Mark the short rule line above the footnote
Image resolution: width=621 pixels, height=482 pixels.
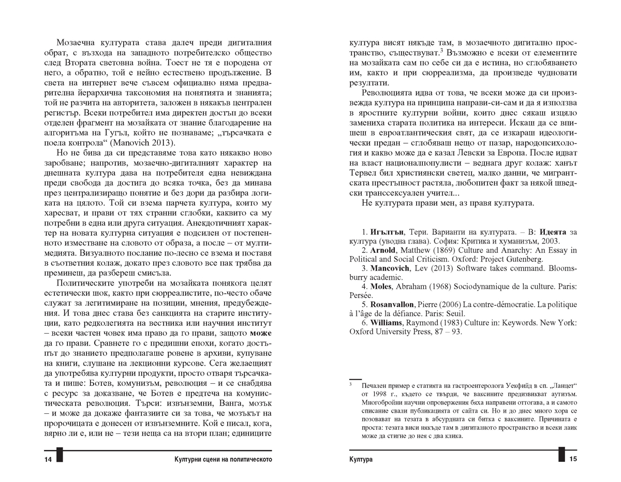(356, 380)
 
